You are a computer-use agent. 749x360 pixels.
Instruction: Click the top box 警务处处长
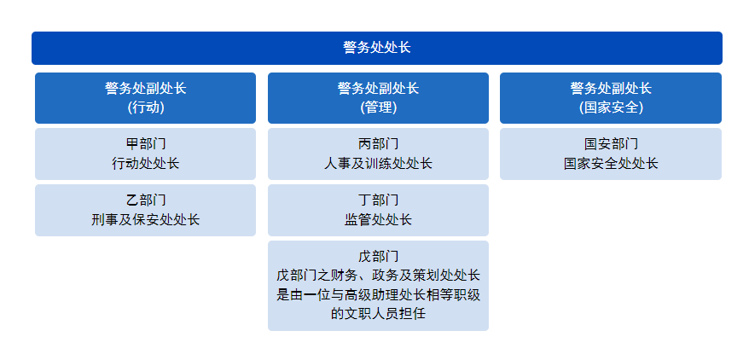tap(377, 48)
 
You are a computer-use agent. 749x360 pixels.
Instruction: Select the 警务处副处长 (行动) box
tap(145, 98)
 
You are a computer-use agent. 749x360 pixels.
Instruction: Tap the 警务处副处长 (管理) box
tap(378, 98)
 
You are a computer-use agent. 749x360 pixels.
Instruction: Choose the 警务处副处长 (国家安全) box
tap(611, 98)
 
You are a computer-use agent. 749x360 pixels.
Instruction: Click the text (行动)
tap(146, 107)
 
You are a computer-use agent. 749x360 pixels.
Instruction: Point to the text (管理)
tap(378, 107)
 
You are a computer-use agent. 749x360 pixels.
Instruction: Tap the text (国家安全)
tap(611, 107)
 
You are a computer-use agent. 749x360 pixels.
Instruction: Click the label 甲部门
tap(146, 143)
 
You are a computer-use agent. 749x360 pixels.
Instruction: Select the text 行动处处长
tap(146, 163)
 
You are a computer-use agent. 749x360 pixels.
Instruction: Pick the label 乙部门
tap(146, 200)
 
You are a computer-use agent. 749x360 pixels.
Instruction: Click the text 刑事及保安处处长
tap(146, 219)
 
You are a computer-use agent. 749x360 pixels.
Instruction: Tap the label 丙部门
tap(378, 143)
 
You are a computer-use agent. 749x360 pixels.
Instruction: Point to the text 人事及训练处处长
tap(378, 163)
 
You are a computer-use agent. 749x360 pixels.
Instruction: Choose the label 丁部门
tap(378, 200)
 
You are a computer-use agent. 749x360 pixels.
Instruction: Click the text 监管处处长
tap(378, 219)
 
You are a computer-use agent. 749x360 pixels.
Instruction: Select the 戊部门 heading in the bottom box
tap(378, 257)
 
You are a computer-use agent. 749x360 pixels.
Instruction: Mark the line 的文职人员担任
tap(378, 314)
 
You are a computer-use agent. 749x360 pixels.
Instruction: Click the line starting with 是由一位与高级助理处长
tap(378, 294)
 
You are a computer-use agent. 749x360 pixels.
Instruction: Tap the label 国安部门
tap(611, 143)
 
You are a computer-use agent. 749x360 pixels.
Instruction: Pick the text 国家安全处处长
tap(611, 163)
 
